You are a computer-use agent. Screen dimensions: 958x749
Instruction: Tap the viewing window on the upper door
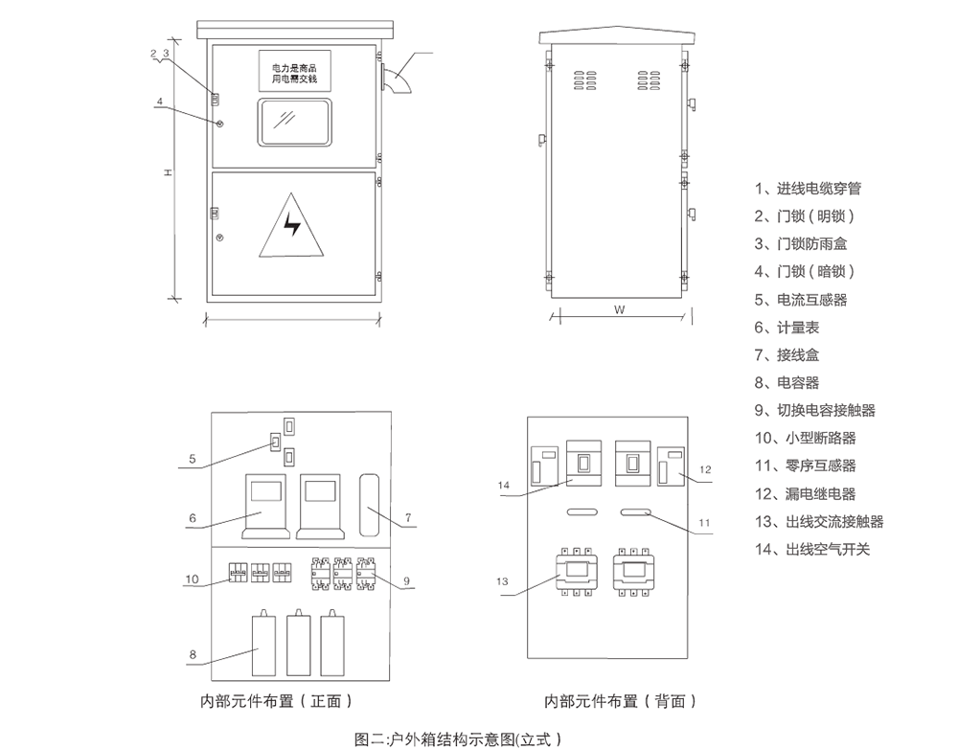click(294, 123)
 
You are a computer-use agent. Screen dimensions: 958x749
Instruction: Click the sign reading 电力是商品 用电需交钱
click(294, 72)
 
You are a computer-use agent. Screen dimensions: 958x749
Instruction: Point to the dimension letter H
click(168, 173)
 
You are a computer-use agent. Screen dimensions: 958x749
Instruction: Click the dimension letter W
click(620, 309)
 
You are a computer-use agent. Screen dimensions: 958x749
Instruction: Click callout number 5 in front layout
click(193, 459)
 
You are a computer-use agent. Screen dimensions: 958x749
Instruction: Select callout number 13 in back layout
click(502, 581)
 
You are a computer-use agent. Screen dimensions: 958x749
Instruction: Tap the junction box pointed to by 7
click(369, 505)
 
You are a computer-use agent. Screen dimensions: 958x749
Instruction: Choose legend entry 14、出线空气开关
click(812, 549)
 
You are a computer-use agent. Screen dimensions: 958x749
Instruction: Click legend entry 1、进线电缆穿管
click(808, 189)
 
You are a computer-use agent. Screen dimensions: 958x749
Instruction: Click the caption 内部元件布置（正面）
click(277, 701)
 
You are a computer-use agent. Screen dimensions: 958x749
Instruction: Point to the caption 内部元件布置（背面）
click(621, 701)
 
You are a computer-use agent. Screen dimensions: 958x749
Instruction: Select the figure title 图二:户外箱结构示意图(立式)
click(458, 739)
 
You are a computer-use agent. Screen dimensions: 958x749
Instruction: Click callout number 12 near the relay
click(705, 469)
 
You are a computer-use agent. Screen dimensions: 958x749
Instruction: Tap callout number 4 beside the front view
click(159, 102)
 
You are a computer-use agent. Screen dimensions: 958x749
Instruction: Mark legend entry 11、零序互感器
click(806, 465)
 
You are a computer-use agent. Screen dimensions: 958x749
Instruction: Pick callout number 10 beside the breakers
click(192, 579)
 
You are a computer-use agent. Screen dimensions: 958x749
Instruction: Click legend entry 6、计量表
click(787, 328)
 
